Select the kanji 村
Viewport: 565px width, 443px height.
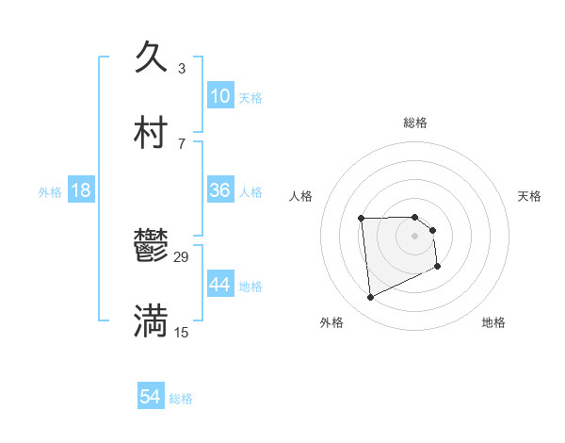pos(151,133)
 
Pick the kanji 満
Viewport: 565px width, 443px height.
pos(151,321)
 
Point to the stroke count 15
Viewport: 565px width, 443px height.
pos(182,332)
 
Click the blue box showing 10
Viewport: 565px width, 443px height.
pos(220,96)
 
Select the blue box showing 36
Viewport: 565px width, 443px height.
pos(220,190)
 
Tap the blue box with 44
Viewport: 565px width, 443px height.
pos(220,285)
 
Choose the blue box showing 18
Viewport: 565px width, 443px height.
pos(81,190)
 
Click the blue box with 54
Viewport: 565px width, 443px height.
pos(151,398)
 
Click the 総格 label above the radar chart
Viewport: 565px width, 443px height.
pos(415,123)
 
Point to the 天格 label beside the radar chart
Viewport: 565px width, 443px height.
pos(529,196)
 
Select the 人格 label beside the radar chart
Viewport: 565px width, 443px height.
pos(301,196)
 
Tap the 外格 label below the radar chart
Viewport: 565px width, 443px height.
pos(331,322)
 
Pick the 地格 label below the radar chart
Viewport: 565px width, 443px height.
pos(493,322)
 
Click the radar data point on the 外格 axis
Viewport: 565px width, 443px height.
pos(371,297)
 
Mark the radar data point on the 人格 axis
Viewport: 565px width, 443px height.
pos(361,219)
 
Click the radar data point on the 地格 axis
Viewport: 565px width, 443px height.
pos(438,267)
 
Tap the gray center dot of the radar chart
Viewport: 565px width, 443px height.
pos(415,235)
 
